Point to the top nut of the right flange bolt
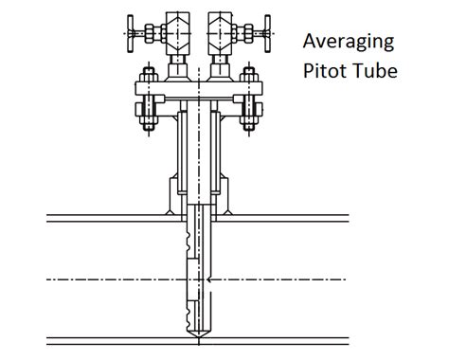[250, 76]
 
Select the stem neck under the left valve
[176, 65]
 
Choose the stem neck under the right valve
[224, 65]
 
